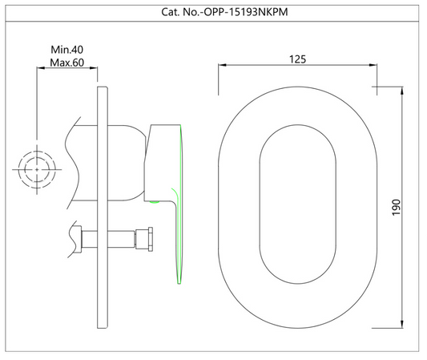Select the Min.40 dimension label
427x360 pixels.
(x=67, y=50)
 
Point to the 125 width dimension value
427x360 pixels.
(x=298, y=59)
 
